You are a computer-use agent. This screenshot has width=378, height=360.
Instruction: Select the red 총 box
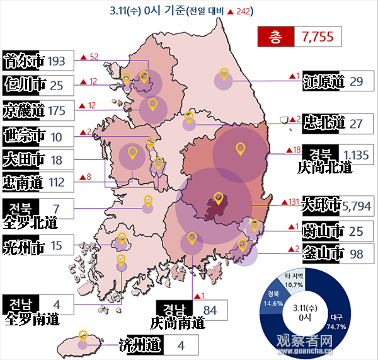click(275, 37)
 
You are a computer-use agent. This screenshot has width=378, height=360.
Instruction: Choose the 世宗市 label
click(23, 136)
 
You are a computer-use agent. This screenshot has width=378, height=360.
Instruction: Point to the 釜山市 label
click(323, 253)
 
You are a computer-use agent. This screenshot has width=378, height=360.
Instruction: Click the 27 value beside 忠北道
click(356, 122)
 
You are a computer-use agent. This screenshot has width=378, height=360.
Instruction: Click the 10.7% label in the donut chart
click(295, 279)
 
